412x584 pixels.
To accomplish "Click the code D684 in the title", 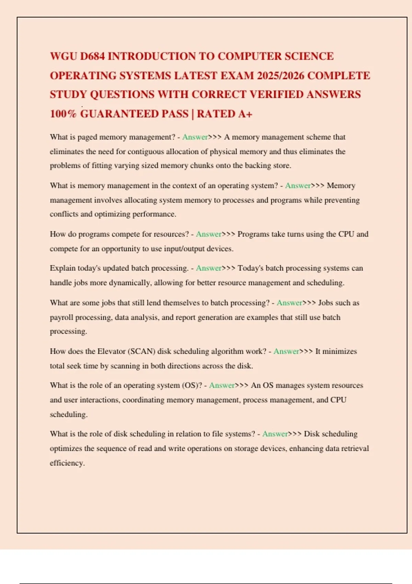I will tap(92, 56).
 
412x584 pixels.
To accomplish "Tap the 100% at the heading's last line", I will tap(63, 114).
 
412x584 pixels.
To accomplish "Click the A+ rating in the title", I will tap(245, 114).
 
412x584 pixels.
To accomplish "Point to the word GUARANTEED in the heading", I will tap(134, 114).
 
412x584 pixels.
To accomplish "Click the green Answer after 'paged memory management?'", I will tap(195, 137).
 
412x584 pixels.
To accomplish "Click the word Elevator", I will tap(111, 351).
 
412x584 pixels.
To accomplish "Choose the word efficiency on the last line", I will tap(67, 463).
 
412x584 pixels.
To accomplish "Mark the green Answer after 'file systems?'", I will tap(275, 434).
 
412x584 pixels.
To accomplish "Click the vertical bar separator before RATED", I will tap(193, 114).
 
